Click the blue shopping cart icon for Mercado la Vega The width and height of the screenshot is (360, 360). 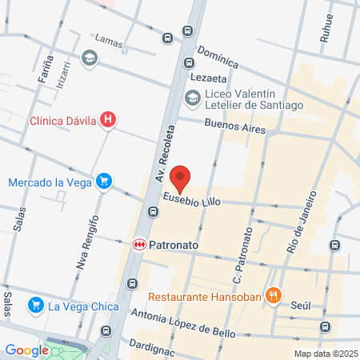(103, 182)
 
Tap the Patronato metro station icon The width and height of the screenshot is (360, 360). (138, 242)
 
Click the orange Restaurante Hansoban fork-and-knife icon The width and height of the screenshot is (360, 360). (274, 294)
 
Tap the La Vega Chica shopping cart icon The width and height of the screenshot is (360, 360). (35, 305)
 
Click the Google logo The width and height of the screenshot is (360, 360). (26, 350)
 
